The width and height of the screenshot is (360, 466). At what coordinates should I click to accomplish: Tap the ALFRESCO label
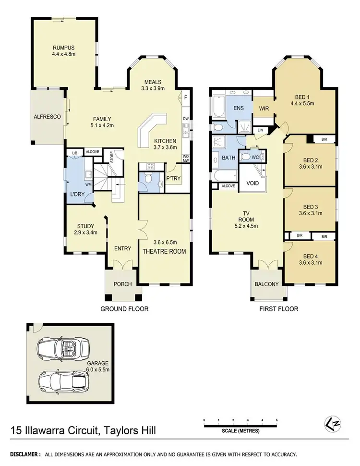click(x=46, y=117)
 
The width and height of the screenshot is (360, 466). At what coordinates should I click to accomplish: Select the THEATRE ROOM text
click(x=164, y=251)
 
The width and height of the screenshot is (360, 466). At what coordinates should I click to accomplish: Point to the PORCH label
click(x=122, y=284)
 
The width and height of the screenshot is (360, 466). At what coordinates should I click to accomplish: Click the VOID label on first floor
click(x=252, y=184)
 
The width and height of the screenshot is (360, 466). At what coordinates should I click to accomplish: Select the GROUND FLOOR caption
click(x=124, y=309)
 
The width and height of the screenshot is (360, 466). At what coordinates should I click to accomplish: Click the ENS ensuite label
click(x=238, y=109)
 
